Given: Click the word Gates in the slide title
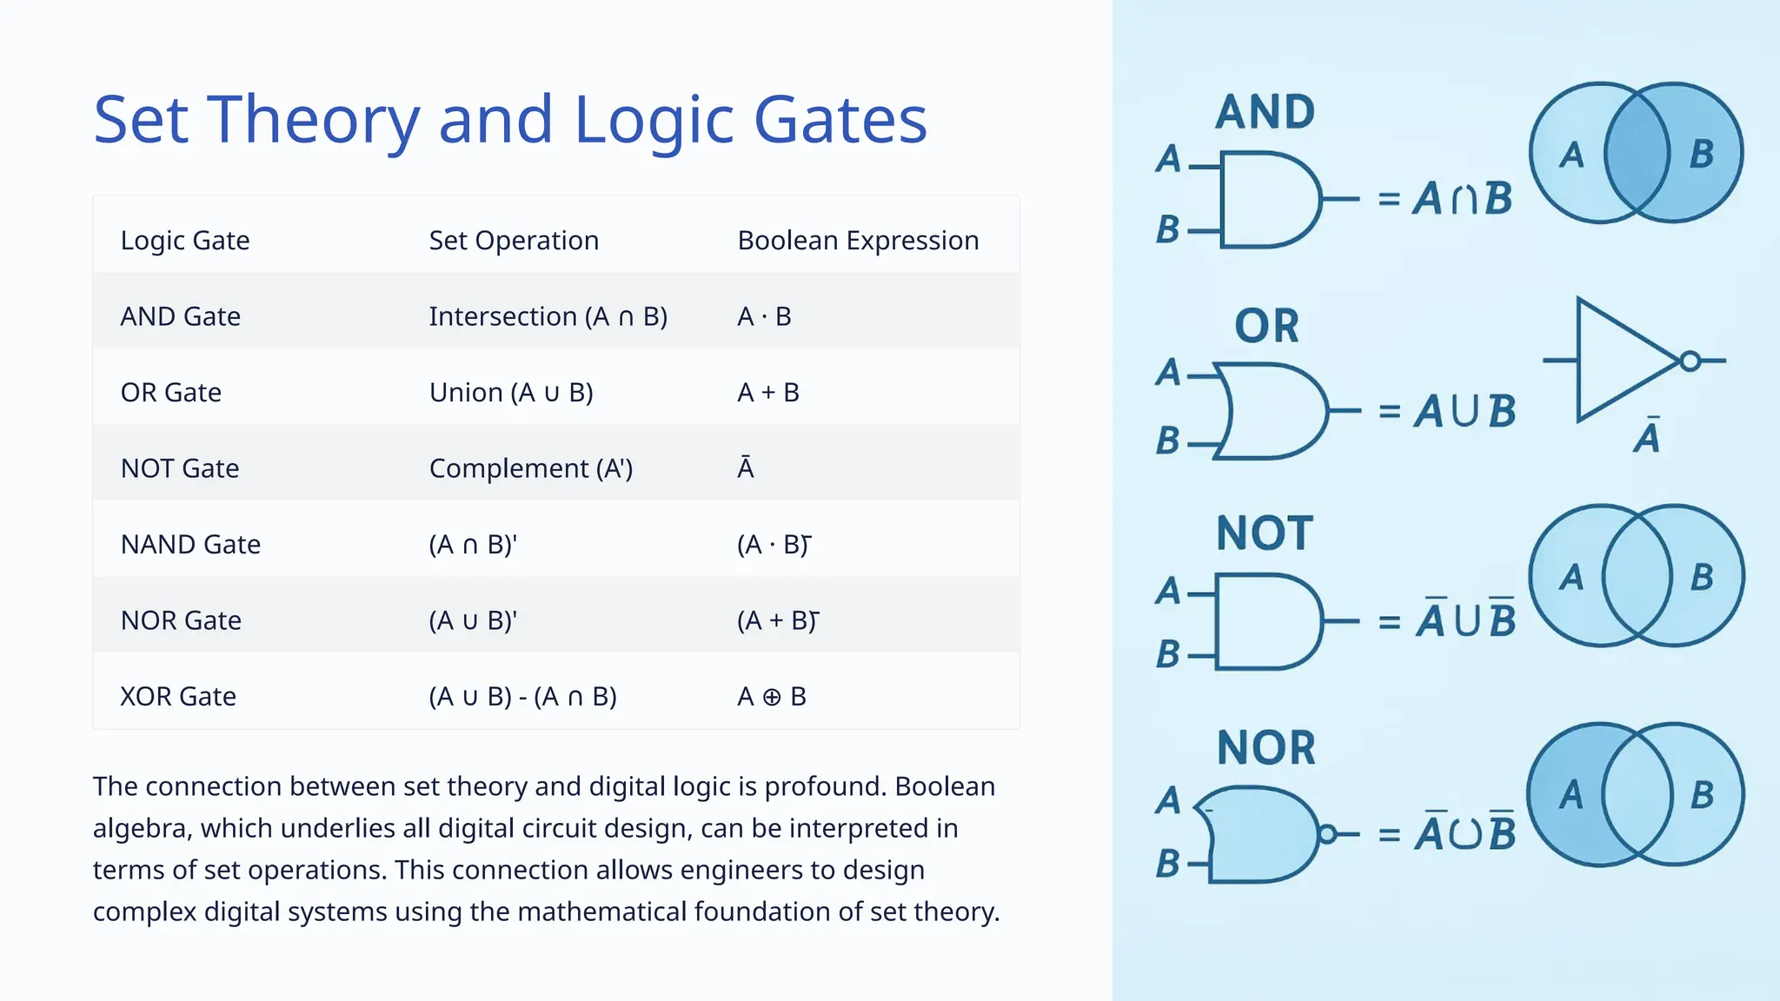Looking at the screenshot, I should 840,120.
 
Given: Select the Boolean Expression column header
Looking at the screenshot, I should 858,241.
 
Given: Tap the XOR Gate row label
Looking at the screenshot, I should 178,697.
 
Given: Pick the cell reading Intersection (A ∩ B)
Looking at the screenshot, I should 548,317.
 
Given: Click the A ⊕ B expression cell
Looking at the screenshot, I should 771,697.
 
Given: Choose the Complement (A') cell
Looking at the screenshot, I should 530,469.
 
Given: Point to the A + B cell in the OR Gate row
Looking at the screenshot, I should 767,393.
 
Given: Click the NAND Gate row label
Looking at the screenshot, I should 190,545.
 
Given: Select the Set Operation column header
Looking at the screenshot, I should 514,241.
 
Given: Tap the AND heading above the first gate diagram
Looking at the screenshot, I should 1265,112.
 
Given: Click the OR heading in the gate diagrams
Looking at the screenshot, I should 1266,327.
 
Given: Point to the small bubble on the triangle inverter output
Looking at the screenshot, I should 1690,361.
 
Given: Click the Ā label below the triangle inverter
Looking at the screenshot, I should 1647,436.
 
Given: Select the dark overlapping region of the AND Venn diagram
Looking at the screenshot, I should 1637,153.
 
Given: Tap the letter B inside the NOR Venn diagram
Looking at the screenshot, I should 1702,795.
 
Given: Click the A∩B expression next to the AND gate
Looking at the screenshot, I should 1462,199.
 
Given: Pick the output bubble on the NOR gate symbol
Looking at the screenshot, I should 1326,835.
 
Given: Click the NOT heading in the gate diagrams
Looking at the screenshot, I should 1265,534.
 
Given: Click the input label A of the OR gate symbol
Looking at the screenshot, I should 1168,373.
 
